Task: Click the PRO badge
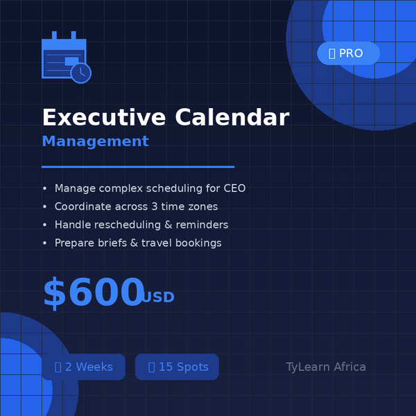[x=348, y=53]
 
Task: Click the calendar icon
[x=64, y=58]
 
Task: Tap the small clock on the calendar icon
[x=81, y=73]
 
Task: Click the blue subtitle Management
[x=95, y=141]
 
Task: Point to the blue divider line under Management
[x=138, y=166]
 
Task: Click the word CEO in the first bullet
[x=234, y=189]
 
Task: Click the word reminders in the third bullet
[x=202, y=225]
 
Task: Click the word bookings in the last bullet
[x=197, y=243]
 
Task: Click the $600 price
[x=93, y=293]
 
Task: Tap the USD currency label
[x=158, y=297]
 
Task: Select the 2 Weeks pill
[x=83, y=367]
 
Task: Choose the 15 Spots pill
[x=177, y=367]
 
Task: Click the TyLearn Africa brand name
[x=326, y=367]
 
